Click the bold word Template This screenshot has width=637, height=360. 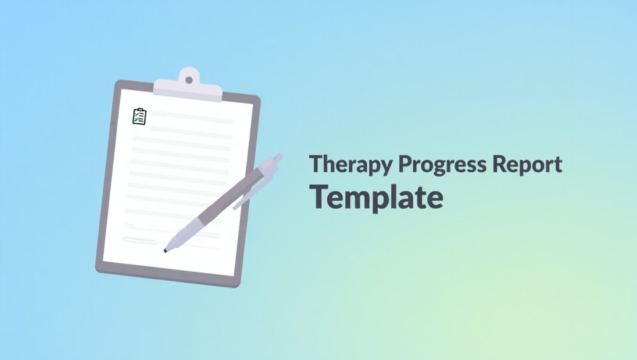376,197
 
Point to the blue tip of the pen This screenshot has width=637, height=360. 165,250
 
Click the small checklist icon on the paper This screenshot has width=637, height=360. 139,117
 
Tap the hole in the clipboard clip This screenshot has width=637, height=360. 189,80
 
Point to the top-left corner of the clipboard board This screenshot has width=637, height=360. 119,84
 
